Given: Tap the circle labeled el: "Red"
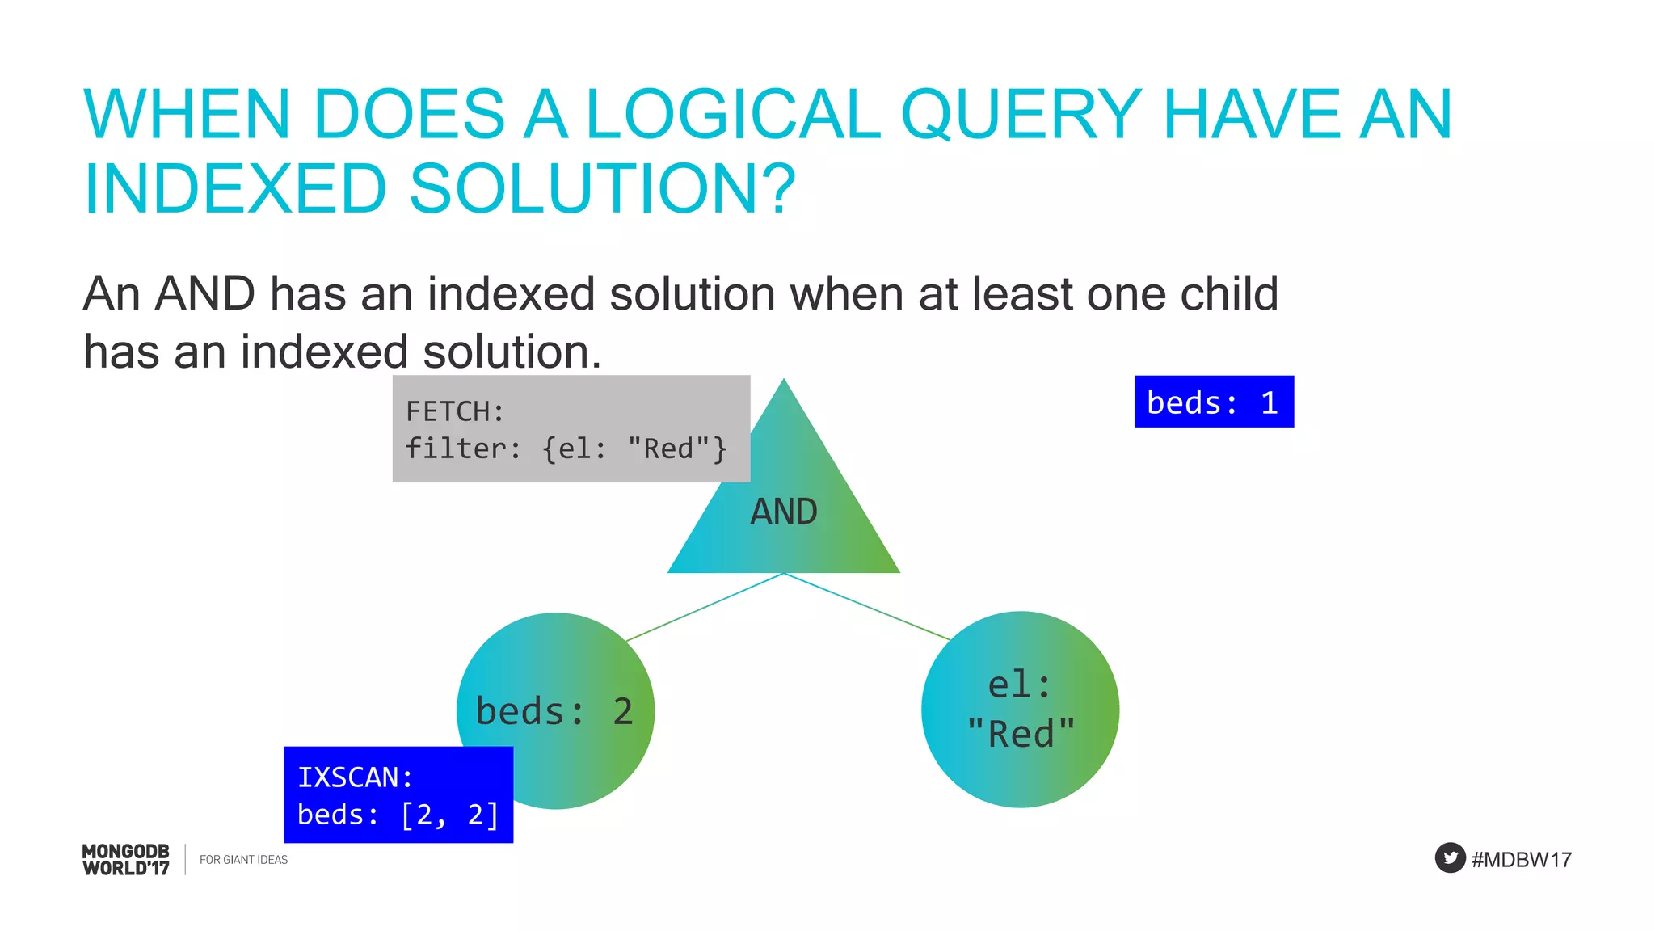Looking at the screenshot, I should tap(1020, 710).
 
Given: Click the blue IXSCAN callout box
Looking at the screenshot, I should tap(398, 794).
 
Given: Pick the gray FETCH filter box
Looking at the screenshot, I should tap(571, 429).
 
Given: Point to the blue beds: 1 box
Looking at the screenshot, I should tap(1214, 402).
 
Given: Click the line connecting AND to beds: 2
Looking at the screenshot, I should tap(705, 607).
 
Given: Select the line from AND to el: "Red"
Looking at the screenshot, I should tap(866, 607).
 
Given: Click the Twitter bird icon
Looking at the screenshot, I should tap(1450, 857).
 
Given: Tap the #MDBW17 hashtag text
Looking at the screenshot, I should tap(1522, 860).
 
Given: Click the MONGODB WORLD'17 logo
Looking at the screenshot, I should tap(126, 860).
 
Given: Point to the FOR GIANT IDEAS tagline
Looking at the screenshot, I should tap(243, 860).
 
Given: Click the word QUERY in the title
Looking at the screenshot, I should tap(1021, 115).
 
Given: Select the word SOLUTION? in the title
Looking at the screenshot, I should tap(603, 189).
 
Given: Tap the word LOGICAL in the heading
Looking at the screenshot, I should tap(732, 115).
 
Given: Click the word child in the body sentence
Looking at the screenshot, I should tap(1228, 293).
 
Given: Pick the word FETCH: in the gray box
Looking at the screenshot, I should tap(455, 411).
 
